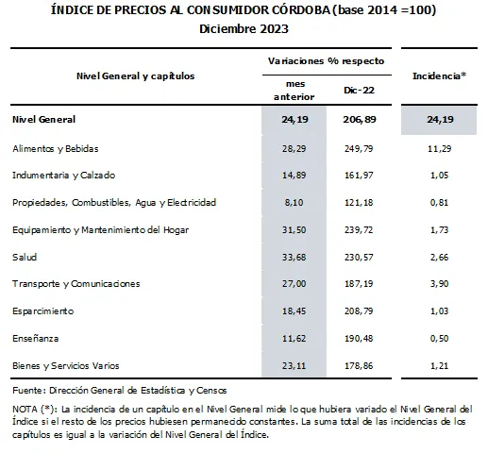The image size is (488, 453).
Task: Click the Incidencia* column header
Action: tap(439, 75)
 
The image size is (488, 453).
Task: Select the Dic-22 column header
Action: tap(359, 91)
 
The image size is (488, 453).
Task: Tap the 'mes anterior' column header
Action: tap(294, 91)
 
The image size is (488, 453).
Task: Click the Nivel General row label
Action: tap(44, 120)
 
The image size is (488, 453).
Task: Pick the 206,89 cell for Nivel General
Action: tap(360, 120)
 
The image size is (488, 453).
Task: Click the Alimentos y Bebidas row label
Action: tap(56, 148)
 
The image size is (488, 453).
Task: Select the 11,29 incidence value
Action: tap(439, 148)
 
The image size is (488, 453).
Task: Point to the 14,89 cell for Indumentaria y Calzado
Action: tap(294, 175)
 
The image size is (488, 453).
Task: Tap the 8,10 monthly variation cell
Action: tap(294, 202)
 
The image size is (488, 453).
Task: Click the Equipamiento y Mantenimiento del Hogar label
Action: tap(101, 230)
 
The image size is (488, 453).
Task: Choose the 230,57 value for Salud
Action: tap(359, 258)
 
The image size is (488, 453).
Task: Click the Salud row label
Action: tap(25, 257)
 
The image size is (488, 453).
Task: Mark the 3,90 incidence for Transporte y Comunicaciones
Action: tap(439, 284)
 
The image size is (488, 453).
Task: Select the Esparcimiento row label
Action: tap(43, 311)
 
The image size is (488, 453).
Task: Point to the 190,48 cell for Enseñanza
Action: tap(359, 339)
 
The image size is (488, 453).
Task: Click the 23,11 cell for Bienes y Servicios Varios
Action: tap(294, 366)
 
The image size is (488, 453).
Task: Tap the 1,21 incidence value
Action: tap(439, 366)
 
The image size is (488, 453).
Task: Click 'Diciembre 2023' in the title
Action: tap(244, 29)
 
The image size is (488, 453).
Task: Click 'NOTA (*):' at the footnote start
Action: tap(35, 410)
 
